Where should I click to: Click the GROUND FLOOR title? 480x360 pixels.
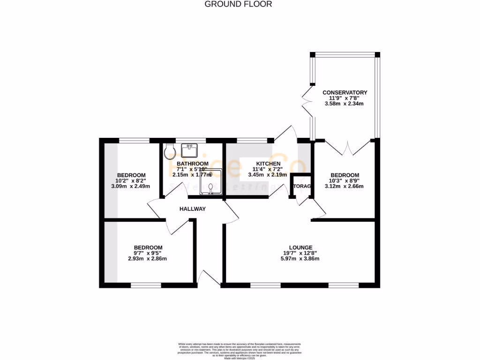[239, 4]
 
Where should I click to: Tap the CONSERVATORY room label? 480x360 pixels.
[345, 92]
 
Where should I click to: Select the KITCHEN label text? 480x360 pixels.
[268, 163]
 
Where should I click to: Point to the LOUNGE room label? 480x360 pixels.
[300, 247]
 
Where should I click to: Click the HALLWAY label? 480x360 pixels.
[192, 209]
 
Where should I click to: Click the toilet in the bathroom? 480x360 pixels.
[171, 150]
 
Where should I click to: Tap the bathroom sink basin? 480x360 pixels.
[190, 150]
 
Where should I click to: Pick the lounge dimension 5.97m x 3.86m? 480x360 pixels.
[300, 259]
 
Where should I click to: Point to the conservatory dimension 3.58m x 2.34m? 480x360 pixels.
[345, 104]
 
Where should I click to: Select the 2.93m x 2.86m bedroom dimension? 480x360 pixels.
[148, 259]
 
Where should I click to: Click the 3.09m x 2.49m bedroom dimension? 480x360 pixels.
[130, 186]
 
